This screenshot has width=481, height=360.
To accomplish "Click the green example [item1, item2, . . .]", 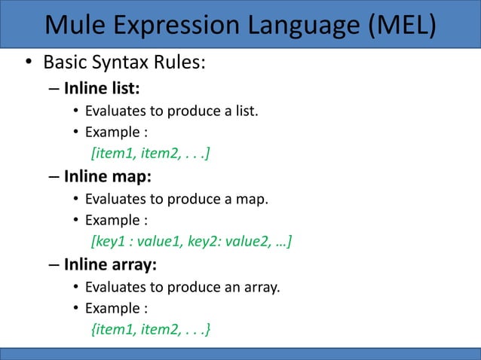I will (150, 154).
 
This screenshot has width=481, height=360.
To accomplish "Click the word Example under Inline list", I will (112, 134).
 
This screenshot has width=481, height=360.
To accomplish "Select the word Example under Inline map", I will (112, 221).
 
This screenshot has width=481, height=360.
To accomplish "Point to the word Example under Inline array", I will (112, 308).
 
